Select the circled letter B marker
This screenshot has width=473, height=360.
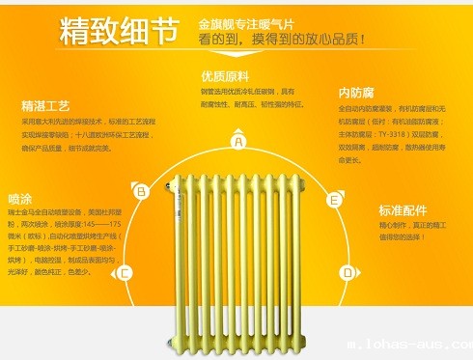coord(142,191)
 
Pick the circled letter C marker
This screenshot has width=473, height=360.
coord(124,273)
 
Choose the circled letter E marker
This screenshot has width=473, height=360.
coord(334,200)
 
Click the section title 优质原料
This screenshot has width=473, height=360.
coord(224,76)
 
